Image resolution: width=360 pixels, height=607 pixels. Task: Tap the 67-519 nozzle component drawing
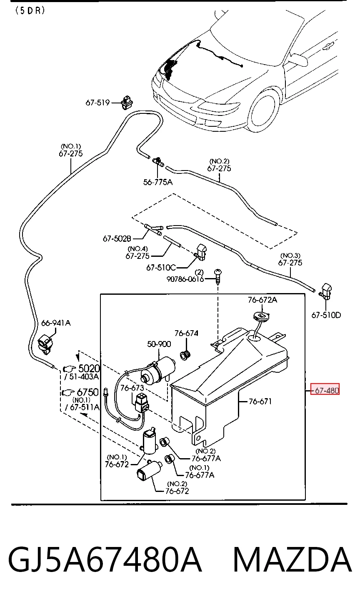pyautogui.click(x=127, y=103)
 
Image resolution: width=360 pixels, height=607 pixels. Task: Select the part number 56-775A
pyautogui.click(x=157, y=182)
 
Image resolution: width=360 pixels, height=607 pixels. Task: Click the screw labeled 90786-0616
pyautogui.click(x=218, y=276)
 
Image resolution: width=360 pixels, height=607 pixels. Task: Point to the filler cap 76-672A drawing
pyautogui.click(x=262, y=316)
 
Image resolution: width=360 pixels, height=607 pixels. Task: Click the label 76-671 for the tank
pyautogui.click(x=260, y=401)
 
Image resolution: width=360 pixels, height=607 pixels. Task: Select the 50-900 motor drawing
pyautogui.click(x=158, y=370)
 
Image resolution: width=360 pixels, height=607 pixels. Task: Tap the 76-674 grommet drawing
pyautogui.click(x=185, y=355)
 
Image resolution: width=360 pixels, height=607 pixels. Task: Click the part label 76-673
pyautogui.click(x=132, y=388)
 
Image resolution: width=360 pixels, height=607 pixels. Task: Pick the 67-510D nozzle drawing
pyautogui.click(x=326, y=291)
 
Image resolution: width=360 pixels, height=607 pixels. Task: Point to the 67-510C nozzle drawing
pyautogui.click(x=201, y=252)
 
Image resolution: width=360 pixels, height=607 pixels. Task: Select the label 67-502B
pyautogui.click(x=117, y=238)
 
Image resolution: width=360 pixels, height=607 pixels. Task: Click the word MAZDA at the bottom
pyautogui.click(x=292, y=559)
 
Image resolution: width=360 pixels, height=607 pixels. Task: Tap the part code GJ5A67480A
pyautogui.click(x=105, y=559)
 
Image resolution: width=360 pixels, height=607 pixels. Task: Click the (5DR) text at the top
pyautogui.click(x=30, y=10)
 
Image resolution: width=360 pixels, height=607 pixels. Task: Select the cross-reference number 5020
pyautogui.click(x=89, y=368)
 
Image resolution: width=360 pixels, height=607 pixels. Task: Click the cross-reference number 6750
pyautogui.click(x=88, y=392)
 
